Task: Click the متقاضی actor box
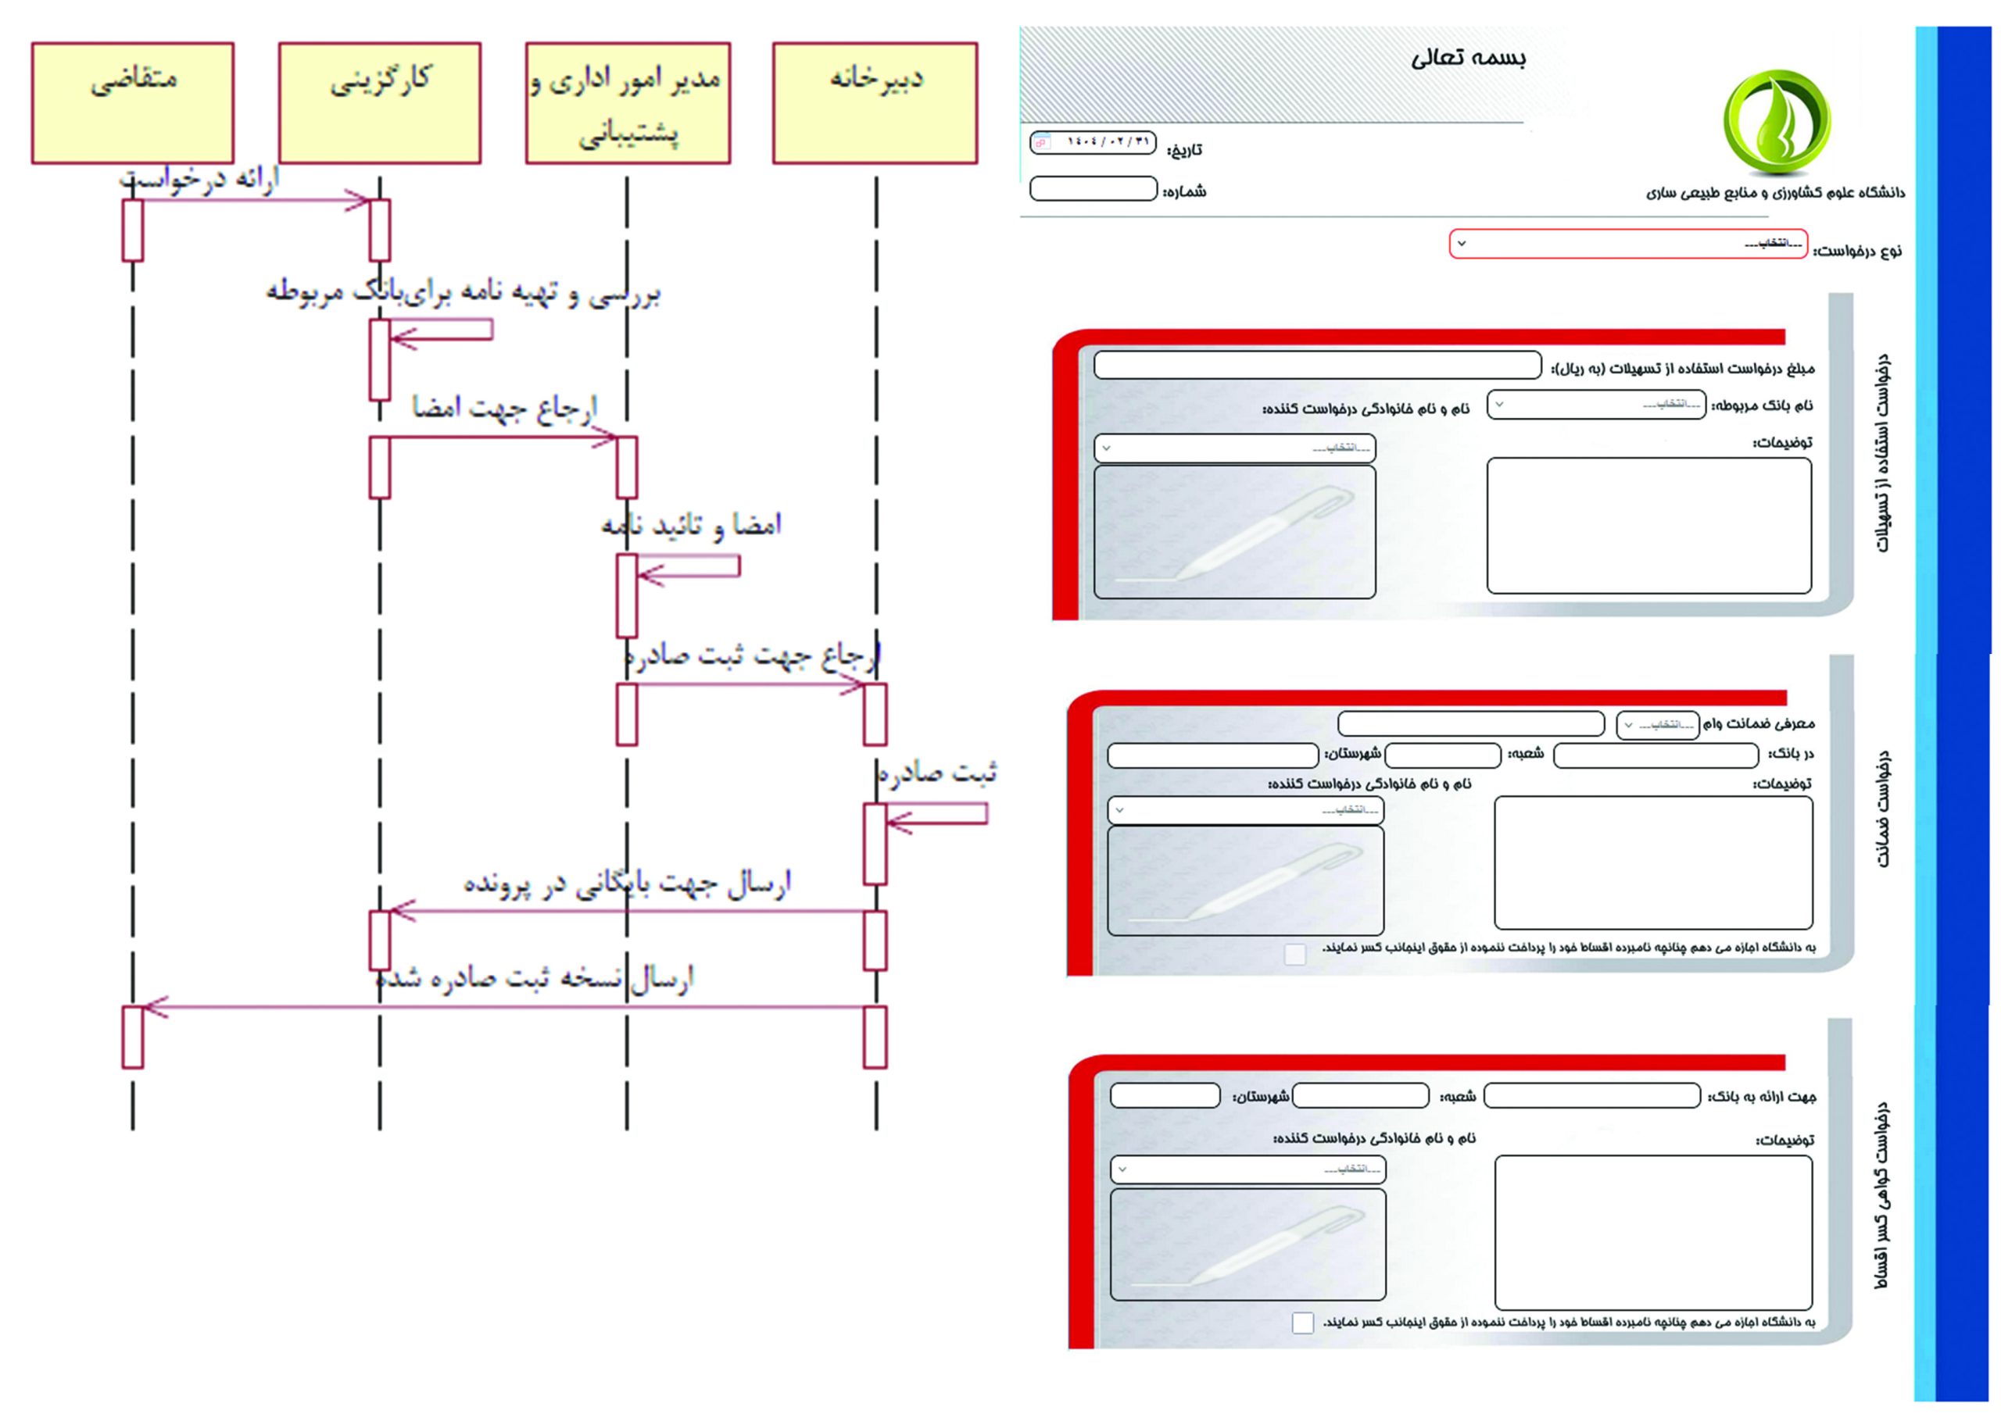pos(132,103)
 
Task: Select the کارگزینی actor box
pos(380,103)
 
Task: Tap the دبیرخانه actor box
pos(875,103)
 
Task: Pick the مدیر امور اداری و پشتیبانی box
pos(628,103)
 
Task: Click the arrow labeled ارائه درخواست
pos(252,201)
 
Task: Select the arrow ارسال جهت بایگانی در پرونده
pos(628,912)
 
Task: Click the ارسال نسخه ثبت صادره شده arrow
pos(506,1007)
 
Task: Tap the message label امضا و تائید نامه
pos(691,525)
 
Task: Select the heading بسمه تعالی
pos(1469,59)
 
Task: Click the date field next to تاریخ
pos(1093,143)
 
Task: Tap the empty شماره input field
pos(1093,189)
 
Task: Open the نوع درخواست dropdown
pos(1627,244)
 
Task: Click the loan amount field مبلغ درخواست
pos(1317,365)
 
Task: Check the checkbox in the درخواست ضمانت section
pos(1295,954)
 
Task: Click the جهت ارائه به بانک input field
pos(1591,1095)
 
